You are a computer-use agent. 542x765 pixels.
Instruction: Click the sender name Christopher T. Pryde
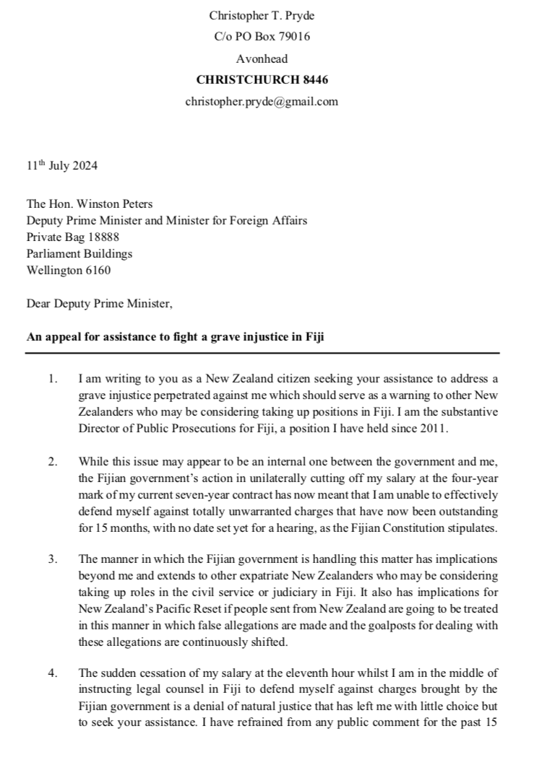coord(261,15)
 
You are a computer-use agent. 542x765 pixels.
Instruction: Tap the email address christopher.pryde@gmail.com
coord(261,102)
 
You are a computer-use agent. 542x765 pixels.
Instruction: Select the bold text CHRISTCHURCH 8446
coord(261,80)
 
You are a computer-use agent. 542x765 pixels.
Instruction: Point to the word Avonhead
coord(261,58)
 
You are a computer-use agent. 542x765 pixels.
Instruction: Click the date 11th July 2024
coord(61,166)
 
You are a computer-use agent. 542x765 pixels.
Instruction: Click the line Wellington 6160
coord(69,271)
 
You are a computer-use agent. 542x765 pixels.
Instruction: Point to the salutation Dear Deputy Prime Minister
coord(99,304)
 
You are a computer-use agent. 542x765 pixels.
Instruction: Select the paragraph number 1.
coord(52,378)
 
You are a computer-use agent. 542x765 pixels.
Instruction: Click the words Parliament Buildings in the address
coord(79,254)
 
